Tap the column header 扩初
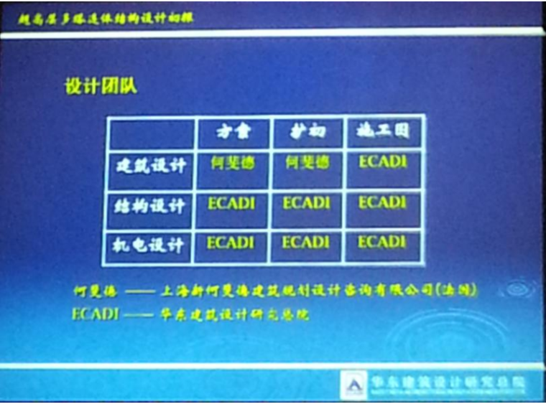pos(307,131)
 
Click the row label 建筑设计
pos(151,166)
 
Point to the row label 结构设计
pos(151,206)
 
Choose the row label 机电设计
pos(151,246)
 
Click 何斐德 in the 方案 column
pos(233,164)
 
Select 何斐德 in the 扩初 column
pos(307,163)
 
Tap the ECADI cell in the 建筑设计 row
pos(382,162)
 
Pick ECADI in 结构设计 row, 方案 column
pos(231,204)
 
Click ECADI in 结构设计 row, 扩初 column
pos(306,204)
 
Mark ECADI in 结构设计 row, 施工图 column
pos(382,203)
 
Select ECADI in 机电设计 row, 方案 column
pos(231,244)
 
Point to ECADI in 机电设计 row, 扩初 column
pos(306,243)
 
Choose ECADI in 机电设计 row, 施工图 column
pos(382,243)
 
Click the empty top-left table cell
pos(152,133)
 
